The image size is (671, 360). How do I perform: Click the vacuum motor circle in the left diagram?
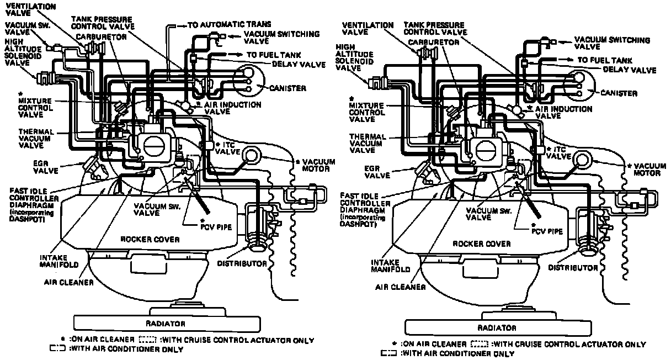(x=249, y=155)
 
